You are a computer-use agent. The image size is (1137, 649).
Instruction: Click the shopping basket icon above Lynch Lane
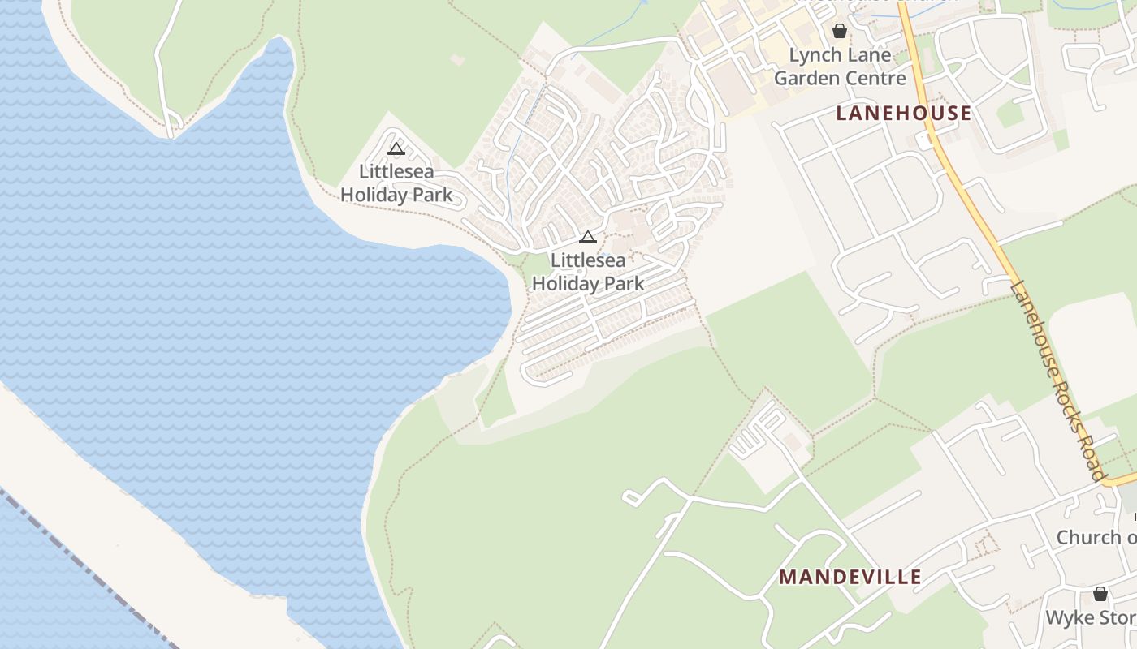(x=839, y=32)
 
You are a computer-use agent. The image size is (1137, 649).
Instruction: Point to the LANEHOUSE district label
(x=903, y=113)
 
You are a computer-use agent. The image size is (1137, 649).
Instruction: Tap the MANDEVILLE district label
(x=850, y=577)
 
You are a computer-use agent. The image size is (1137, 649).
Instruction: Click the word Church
(x=1089, y=537)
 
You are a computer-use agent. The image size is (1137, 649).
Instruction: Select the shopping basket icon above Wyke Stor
(x=1100, y=594)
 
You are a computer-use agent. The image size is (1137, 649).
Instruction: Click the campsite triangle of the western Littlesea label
(x=396, y=148)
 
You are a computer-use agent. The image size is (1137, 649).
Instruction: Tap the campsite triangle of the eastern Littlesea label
(x=588, y=237)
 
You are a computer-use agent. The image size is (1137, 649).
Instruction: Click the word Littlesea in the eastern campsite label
(x=588, y=260)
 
